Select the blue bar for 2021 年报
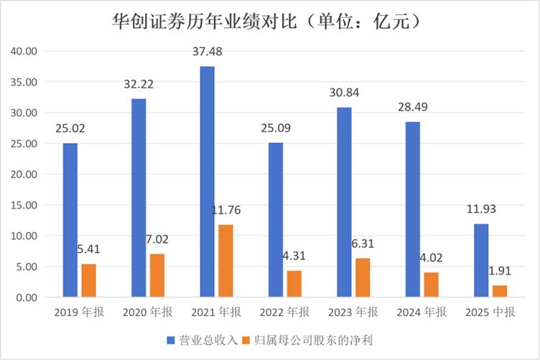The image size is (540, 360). click(207, 182)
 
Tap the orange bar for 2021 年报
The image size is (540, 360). click(225, 261)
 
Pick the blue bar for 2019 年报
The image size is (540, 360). click(70, 220)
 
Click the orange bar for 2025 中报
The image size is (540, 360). click(500, 291)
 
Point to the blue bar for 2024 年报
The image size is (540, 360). click(413, 209)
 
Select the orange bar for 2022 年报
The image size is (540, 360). click(294, 284)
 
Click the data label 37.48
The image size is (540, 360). click(207, 55)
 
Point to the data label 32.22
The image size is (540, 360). click(139, 84)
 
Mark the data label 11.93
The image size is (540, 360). click(481, 210)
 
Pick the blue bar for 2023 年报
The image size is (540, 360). click(345, 202)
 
